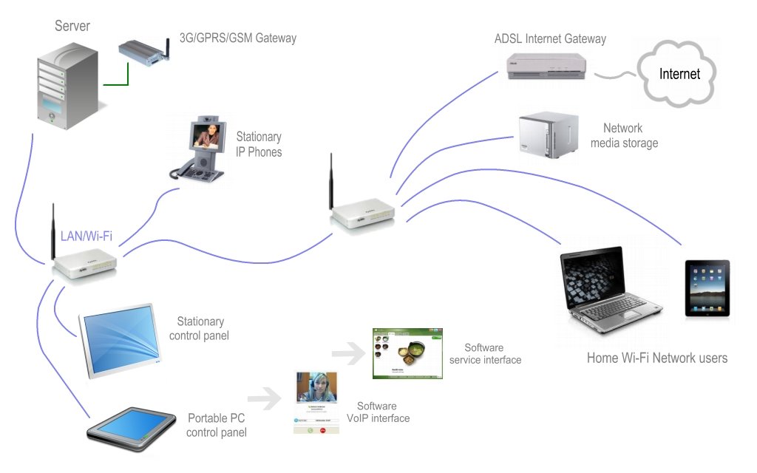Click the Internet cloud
[679, 75]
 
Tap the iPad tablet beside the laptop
[707, 287]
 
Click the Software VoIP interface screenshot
[316, 403]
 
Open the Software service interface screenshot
[407, 354]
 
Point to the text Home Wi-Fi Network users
[657, 358]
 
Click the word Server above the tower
[72, 27]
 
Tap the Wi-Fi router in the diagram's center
[362, 214]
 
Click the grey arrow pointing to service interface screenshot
[348, 353]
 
